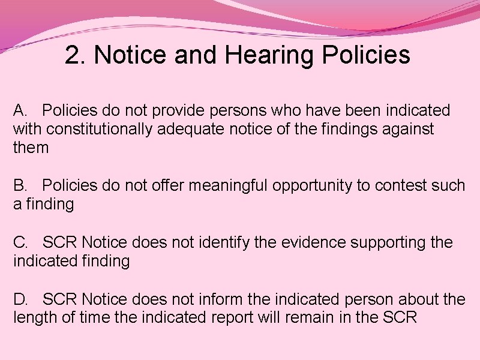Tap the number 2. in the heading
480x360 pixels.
tap(76, 56)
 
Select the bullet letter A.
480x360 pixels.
tap(21, 110)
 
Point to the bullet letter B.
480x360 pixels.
tap(21, 185)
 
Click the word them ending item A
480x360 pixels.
tap(31, 148)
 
